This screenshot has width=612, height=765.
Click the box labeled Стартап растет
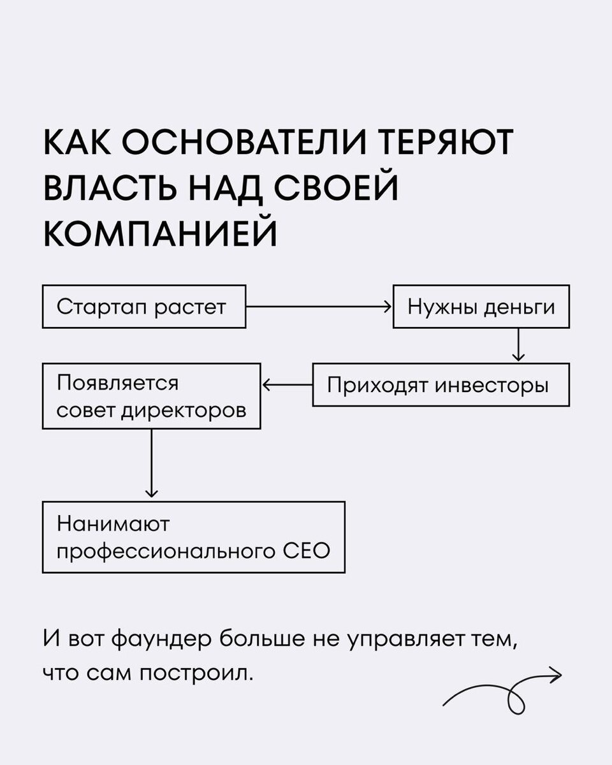pos(143,307)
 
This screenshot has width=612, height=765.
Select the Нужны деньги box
pos(481,307)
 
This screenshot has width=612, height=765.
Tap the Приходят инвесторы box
pos(440,385)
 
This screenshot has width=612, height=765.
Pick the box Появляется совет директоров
pos(151,397)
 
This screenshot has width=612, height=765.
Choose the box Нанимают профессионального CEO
pos(194,537)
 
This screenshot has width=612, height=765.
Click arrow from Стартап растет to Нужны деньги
pos(317,307)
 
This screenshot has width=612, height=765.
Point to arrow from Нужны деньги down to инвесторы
pos(518,345)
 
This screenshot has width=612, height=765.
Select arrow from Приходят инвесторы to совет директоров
pos(287,385)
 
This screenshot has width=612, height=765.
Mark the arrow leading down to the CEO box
pos(151,464)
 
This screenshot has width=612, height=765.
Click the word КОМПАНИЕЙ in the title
pos(160,233)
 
